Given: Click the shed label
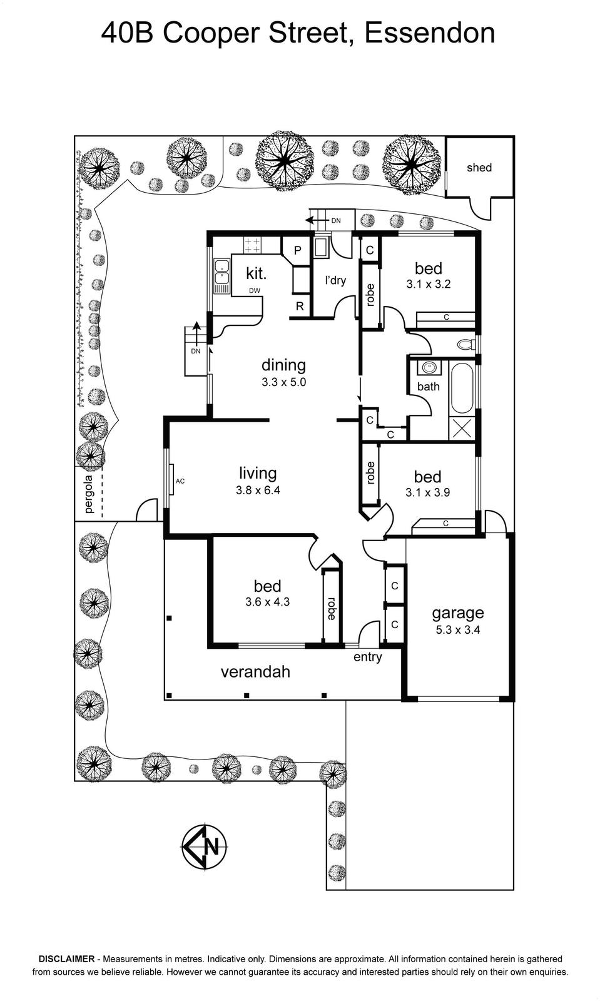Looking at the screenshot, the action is pyautogui.click(x=479, y=168).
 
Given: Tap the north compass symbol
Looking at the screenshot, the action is pyautogui.click(x=205, y=846).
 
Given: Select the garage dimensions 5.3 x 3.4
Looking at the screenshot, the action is pyautogui.click(x=458, y=630).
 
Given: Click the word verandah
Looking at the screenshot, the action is pyautogui.click(x=255, y=672).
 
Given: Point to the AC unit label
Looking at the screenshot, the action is pyautogui.click(x=180, y=481).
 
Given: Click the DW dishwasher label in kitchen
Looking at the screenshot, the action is pyautogui.click(x=254, y=291).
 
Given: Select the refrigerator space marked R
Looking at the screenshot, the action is pyautogui.click(x=300, y=306).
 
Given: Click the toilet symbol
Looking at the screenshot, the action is pyautogui.click(x=466, y=345).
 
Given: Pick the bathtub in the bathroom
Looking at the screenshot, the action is pyautogui.click(x=462, y=389).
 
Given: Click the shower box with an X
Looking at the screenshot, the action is pyautogui.click(x=462, y=429).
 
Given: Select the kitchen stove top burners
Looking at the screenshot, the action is pyautogui.click(x=252, y=244).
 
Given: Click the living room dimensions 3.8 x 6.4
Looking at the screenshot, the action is pyautogui.click(x=258, y=490).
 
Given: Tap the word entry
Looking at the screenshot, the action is pyautogui.click(x=368, y=657).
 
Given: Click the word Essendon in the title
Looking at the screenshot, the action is pyautogui.click(x=430, y=34).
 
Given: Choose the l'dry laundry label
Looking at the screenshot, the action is pyautogui.click(x=335, y=281).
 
